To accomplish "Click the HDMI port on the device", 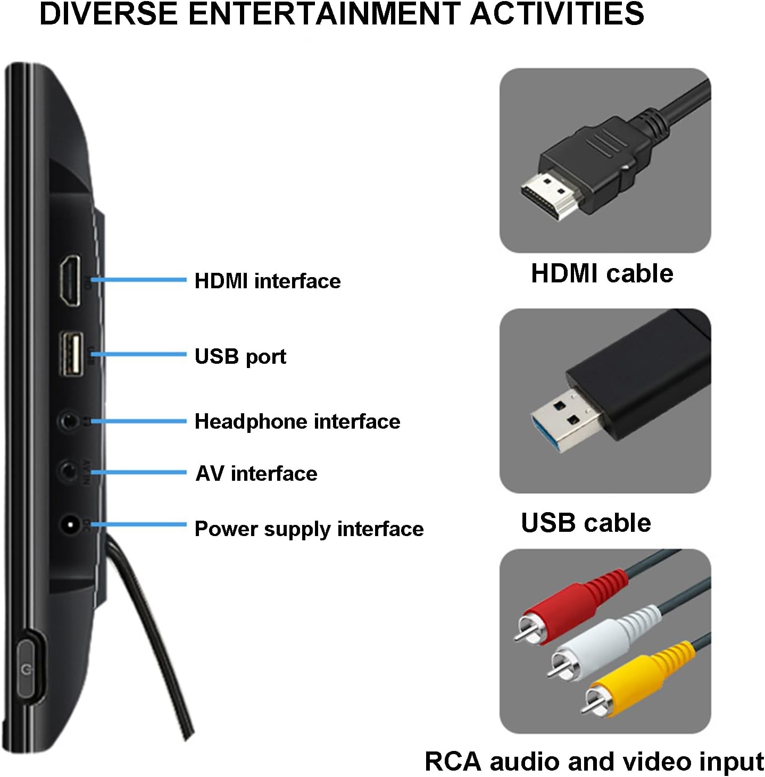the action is pos(70,280).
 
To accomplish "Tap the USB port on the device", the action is pos(71,354).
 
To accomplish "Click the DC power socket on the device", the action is pos(70,525).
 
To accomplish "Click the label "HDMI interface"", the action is pos(267,281).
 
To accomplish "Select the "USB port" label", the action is pos(240,356).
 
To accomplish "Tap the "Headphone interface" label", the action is pos(297,422).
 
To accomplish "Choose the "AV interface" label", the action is pos(256,473).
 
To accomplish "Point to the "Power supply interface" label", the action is pos(309,529).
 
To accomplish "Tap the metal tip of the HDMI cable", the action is pos(548,194).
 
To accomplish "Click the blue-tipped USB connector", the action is pos(559,420).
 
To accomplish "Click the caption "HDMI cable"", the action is pos(602,274).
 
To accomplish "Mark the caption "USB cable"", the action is pos(585,523).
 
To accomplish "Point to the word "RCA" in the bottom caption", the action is pos(452,762).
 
